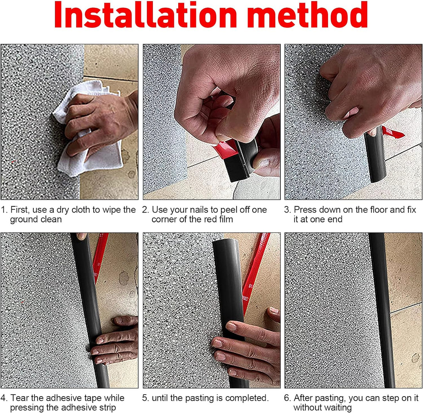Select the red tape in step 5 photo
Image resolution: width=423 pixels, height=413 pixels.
point(255,275)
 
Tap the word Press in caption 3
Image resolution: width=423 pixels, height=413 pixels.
point(305,210)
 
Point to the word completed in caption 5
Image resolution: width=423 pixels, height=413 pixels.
point(244,398)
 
